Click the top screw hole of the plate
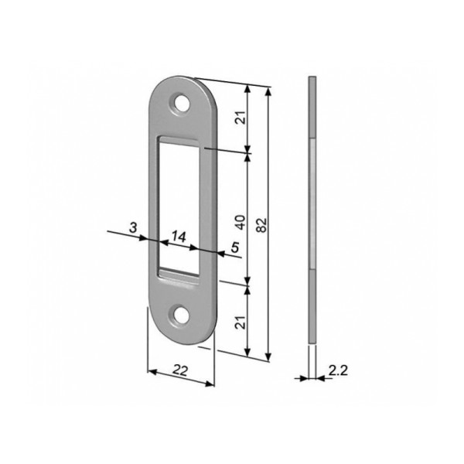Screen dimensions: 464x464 [182, 103]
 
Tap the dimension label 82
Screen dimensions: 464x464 [261, 225]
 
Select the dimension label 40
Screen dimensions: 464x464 [241, 222]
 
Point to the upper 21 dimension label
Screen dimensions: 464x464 [241, 118]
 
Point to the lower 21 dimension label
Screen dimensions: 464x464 [241, 322]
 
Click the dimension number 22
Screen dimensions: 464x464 [180, 370]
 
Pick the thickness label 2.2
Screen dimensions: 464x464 [338, 370]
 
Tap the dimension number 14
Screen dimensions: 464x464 [179, 237]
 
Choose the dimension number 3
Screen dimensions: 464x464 [134, 227]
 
